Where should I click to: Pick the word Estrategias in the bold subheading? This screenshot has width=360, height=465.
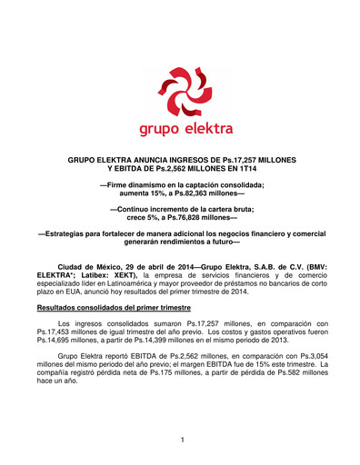[x=70, y=233]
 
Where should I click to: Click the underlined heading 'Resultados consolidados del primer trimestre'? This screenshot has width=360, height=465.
[x=107, y=309]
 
